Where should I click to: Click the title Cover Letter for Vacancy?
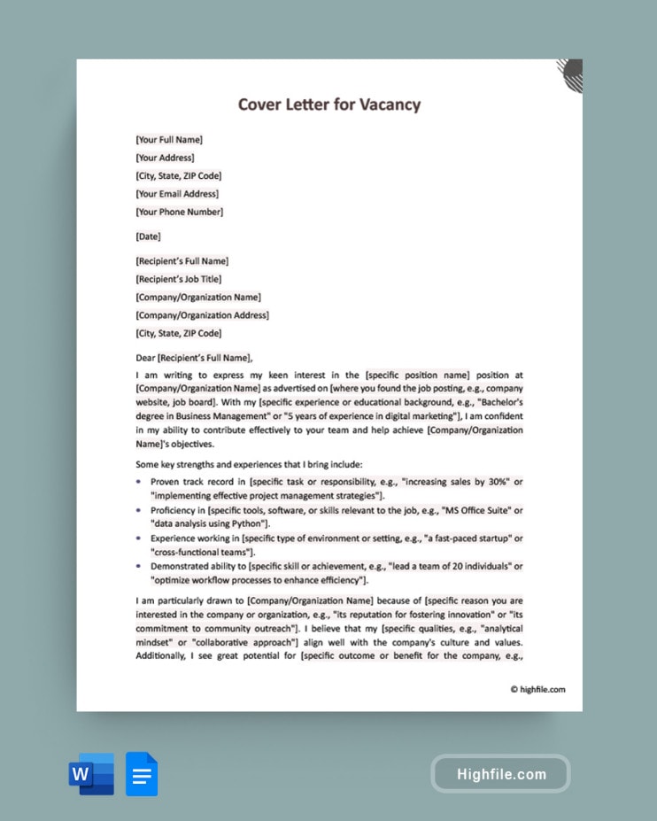(328, 105)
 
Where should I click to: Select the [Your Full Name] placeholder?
(169, 140)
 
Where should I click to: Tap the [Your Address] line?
(165, 158)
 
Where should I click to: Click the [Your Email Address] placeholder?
(177, 194)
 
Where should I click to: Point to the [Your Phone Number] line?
(179, 212)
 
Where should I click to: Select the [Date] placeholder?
(149, 236)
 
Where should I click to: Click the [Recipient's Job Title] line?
(178, 279)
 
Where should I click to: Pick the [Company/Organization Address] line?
(202, 315)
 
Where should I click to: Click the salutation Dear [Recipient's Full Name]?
(194, 358)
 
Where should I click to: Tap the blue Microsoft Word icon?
(92, 774)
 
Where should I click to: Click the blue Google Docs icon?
(142, 774)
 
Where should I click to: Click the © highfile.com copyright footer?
(537, 689)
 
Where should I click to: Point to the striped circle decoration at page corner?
(571, 74)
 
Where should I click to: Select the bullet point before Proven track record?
(138, 482)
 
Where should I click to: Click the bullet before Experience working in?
(138, 538)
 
